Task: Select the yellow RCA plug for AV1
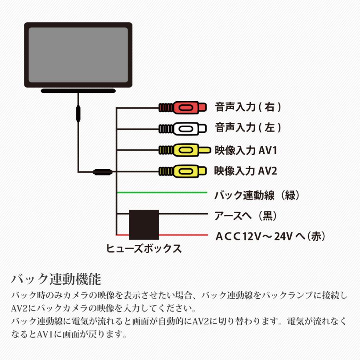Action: click(184, 150)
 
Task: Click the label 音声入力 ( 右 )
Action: click(248, 107)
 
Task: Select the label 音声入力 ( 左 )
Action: click(248, 128)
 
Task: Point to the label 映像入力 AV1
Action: click(246, 150)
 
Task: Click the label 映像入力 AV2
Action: click(246, 171)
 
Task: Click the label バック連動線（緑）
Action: click(257, 195)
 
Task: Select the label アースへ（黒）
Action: click(246, 216)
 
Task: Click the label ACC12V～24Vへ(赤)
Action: click(270, 236)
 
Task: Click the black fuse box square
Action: click(144, 225)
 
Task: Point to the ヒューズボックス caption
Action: click(144, 249)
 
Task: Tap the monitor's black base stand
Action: click(78, 91)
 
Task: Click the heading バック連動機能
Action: click(56, 278)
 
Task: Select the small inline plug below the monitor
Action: click(78, 113)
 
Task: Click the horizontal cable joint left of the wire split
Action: click(102, 173)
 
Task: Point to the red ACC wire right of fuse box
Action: click(182, 234)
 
